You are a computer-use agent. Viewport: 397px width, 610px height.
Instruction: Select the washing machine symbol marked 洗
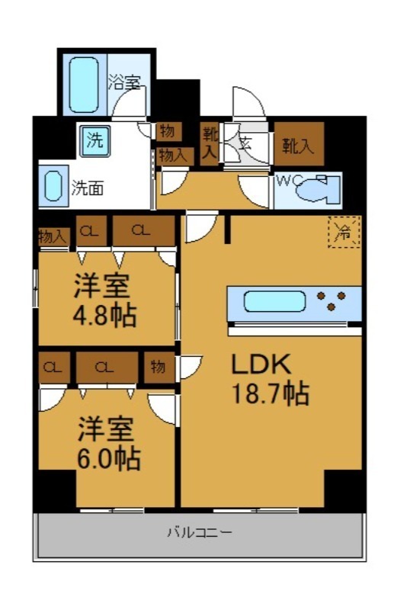[x=94, y=140]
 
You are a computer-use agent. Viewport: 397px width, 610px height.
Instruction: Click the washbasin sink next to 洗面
[x=53, y=187]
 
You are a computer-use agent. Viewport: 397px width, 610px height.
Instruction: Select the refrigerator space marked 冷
[x=344, y=232]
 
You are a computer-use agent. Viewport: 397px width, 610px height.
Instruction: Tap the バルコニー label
[x=199, y=531]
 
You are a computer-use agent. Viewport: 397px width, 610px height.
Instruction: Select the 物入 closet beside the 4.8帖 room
[x=53, y=237]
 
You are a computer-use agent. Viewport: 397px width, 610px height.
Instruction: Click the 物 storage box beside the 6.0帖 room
[x=158, y=367]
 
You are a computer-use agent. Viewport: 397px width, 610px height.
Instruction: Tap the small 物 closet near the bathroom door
[x=167, y=132]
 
